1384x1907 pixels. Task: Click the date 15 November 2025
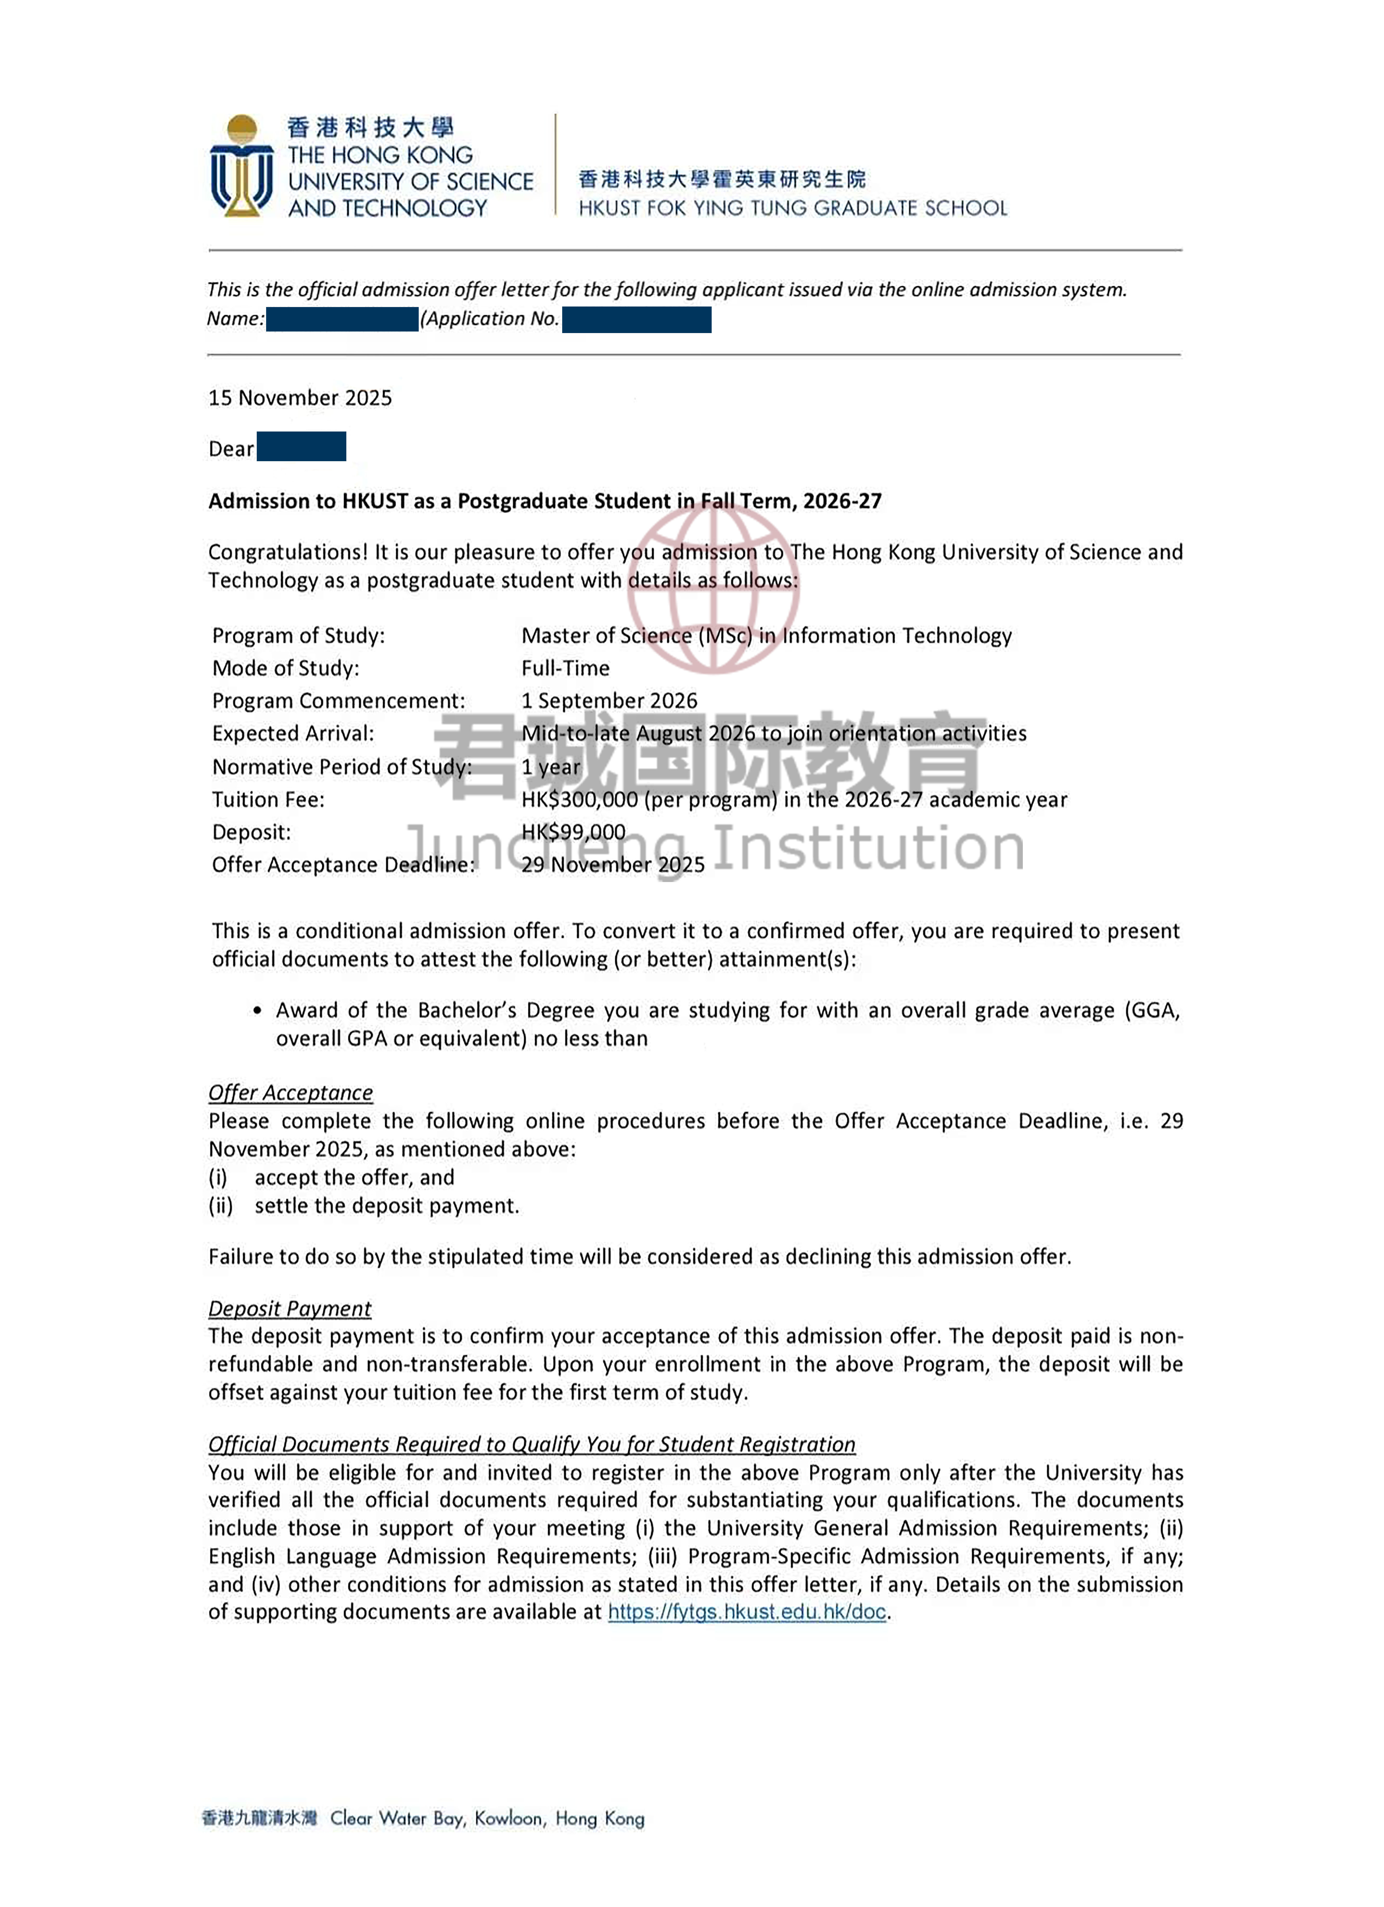tap(300, 398)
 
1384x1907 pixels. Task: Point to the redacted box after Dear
tap(301, 447)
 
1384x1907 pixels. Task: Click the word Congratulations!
tap(287, 552)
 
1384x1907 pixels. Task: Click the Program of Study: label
tap(298, 636)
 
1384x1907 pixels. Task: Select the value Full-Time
tap(565, 668)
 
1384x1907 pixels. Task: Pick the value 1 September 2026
tap(609, 701)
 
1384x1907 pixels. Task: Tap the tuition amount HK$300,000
tap(579, 800)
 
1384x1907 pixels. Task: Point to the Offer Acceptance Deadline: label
tap(343, 865)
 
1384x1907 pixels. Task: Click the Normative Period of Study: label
tap(341, 767)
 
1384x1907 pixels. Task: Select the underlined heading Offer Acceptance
tap(290, 1092)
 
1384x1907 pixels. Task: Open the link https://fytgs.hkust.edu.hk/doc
tap(747, 1612)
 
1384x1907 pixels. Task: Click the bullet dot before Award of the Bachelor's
tap(257, 1011)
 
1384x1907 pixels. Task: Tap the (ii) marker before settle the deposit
tap(220, 1206)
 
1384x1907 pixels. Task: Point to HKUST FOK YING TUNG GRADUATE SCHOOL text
tap(792, 208)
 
